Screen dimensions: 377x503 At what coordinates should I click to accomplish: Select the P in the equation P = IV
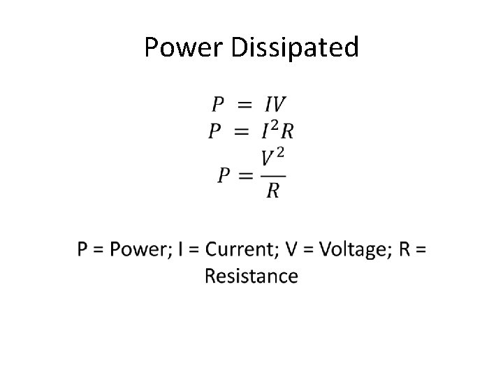(219, 105)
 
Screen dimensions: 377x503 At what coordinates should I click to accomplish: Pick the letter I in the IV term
(268, 105)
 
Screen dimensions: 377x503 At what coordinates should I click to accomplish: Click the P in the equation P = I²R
(216, 131)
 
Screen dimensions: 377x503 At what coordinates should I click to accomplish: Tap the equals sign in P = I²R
(242, 131)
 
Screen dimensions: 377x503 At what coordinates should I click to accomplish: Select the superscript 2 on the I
(275, 124)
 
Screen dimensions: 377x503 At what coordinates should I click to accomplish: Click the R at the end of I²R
(286, 131)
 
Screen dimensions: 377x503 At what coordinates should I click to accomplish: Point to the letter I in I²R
(265, 131)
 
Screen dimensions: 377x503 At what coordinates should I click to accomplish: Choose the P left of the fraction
(224, 175)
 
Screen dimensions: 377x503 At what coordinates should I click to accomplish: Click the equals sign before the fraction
(247, 175)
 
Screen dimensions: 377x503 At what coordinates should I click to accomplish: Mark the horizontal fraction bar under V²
(273, 175)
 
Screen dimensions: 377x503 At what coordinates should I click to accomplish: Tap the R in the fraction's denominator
(273, 190)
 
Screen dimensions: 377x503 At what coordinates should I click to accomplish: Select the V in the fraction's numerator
(268, 160)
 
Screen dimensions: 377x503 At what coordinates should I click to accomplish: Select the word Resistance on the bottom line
(251, 276)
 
